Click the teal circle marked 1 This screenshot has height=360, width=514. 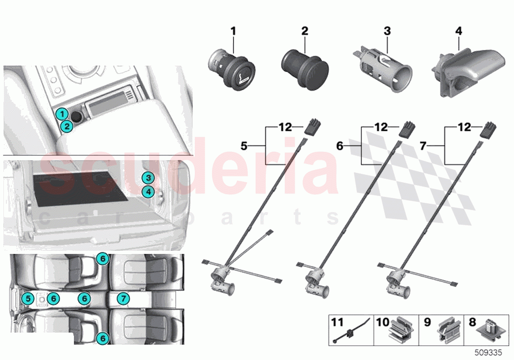pyautogui.click(x=60, y=114)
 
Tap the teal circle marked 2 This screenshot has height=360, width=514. pyautogui.click(x=67, y=127)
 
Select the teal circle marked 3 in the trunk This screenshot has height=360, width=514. pyautogui.click(x=148, y=178)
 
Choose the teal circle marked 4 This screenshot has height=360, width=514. pyautogui.click(x=148, y=191)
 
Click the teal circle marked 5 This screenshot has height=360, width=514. pyautogui.click(x=28, y=297)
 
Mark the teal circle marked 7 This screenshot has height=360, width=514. pyautogui.click(x=123, y=297)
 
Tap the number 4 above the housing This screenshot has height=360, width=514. pyautogui.click(x=458, y=31)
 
